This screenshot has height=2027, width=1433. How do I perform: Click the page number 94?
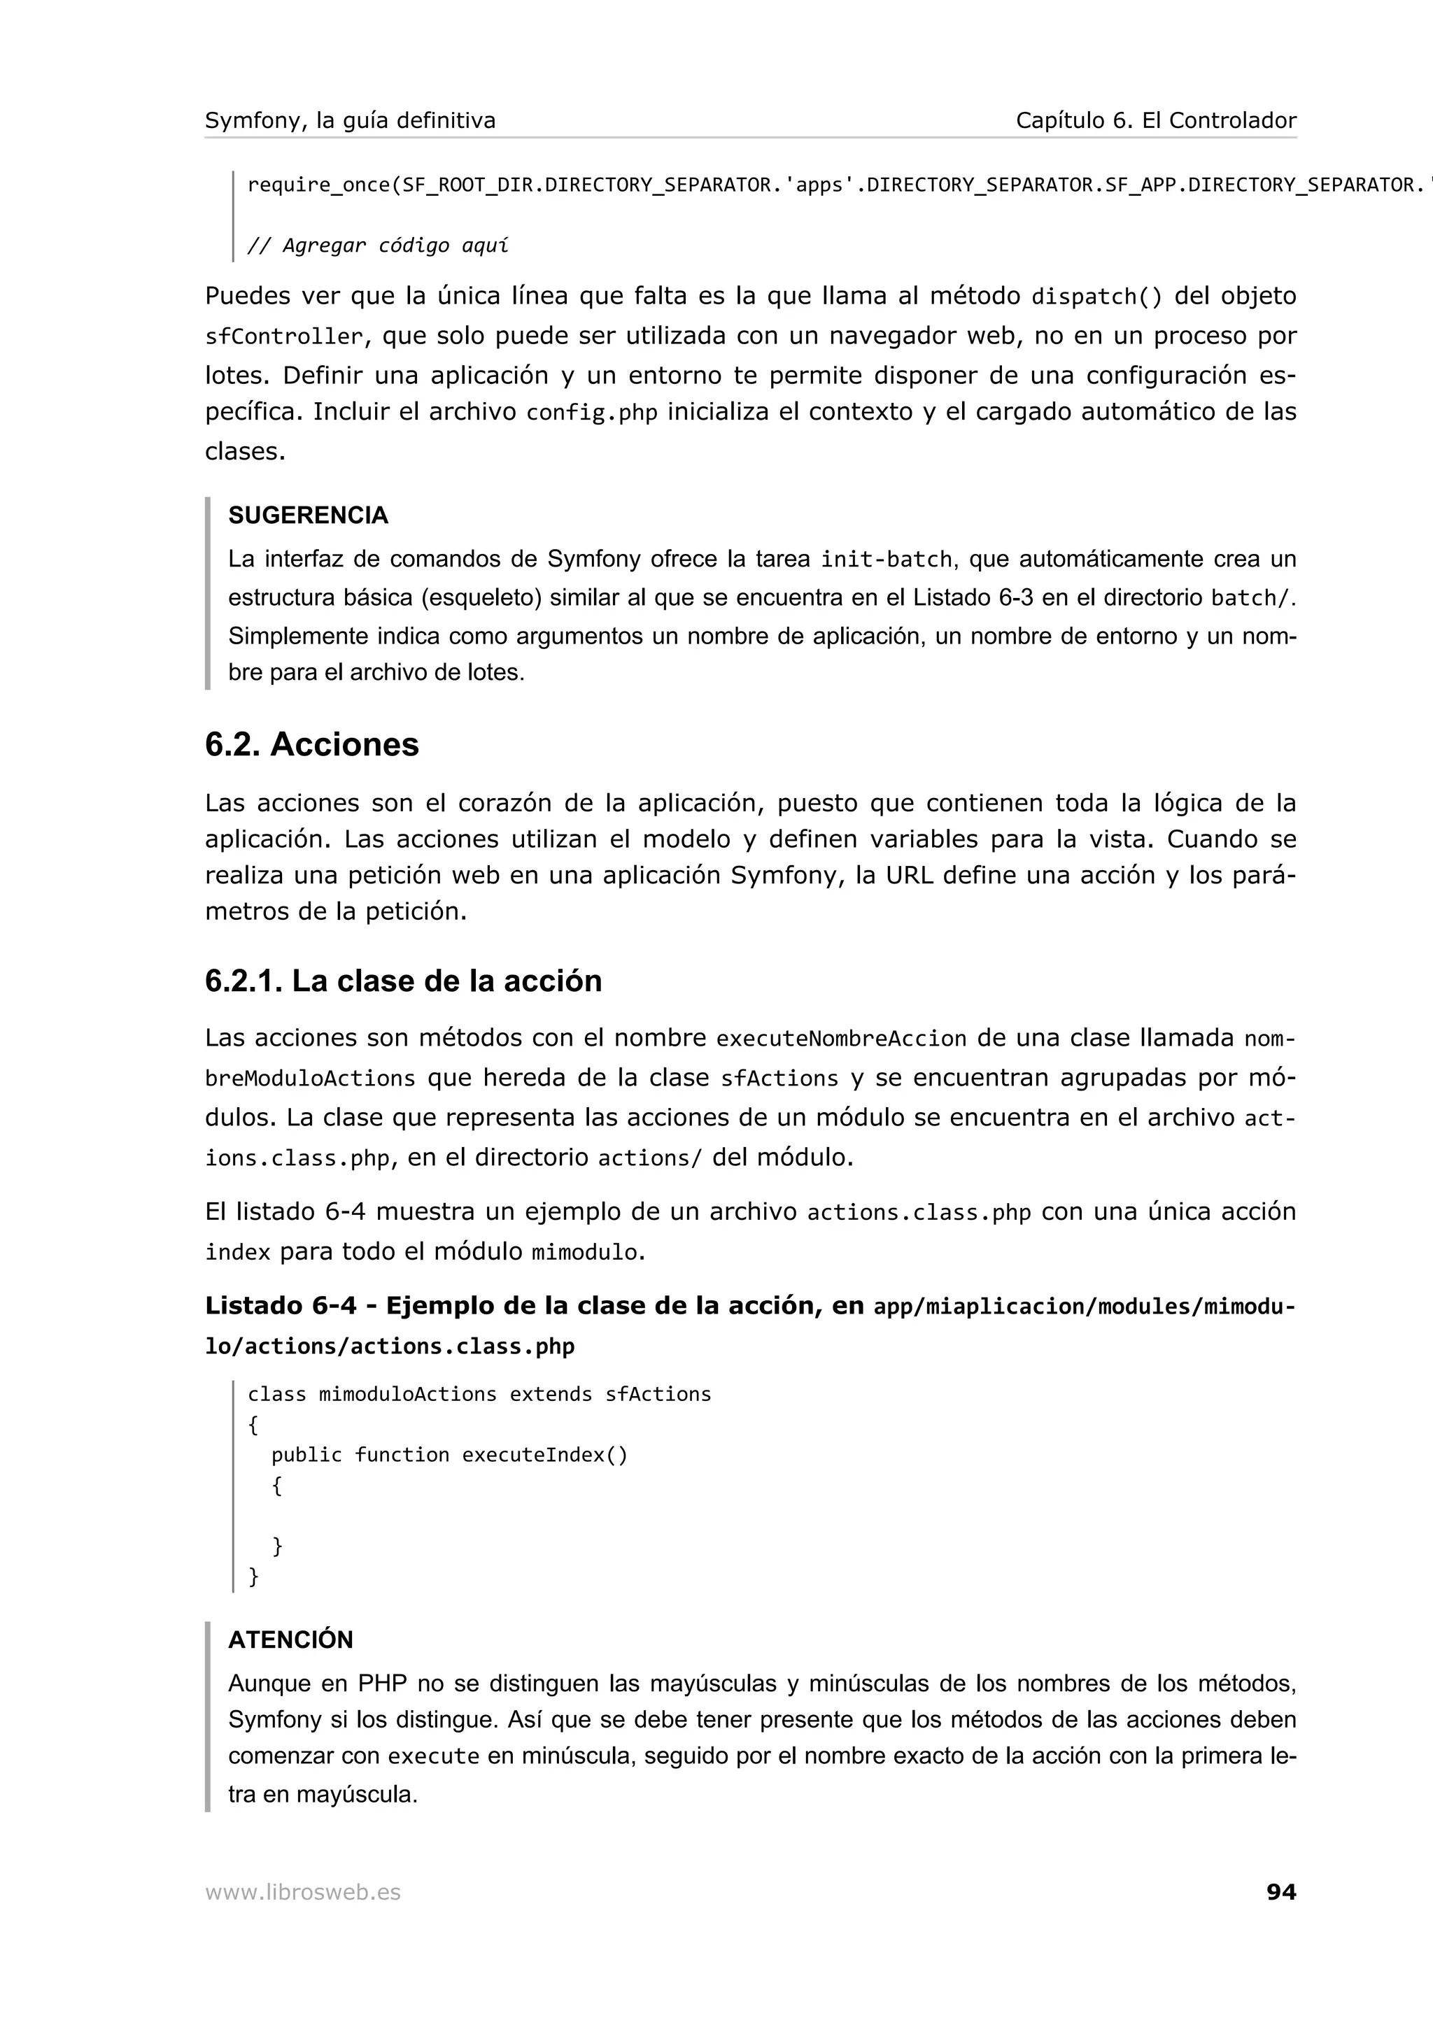pyautogui.click(x=1280, y=1891)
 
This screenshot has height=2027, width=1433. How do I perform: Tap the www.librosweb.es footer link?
pyautogui.click(x=303, y=1892)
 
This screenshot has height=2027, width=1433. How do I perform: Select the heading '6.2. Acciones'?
pyautogui.click(x=311, y=744)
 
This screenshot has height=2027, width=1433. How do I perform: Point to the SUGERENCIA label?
pyautogui.click(x=308, y=515)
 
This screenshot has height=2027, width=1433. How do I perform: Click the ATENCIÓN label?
pyautogui.click(x=290, y=1640)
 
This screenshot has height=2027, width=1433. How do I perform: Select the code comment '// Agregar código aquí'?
pyautogui.click(x=378, y=246)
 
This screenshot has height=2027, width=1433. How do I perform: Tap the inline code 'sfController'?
pyautogui.click(x=283, y=337)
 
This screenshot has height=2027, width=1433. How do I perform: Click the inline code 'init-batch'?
pyautogui.click(x=886, y=560)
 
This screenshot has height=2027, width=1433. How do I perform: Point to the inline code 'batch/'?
pyautogui.click(x=1251, y=599)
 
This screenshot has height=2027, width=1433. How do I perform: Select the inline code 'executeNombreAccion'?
pyautogui.click(x=840, y=1039)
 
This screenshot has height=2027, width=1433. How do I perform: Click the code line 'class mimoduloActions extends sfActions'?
pyautogui.click(x=479, y=1394)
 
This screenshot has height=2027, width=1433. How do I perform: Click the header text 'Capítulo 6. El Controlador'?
pyautogui.click(x=1155, y=121)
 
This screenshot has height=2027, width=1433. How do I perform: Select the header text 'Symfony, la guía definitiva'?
pyautogui.click(x=350, y=121)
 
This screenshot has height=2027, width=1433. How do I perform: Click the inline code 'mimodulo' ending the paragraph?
pyautogui.click(x=584, y=1253)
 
